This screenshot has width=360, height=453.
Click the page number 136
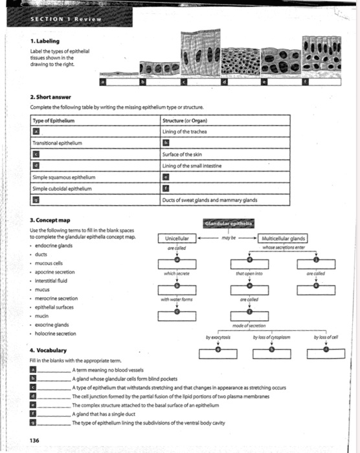click(35, 440)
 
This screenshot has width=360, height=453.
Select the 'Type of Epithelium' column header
click(54, 122)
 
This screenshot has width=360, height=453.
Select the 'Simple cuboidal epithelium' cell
click(63, 186)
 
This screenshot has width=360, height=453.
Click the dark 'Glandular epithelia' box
click(229, 223)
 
